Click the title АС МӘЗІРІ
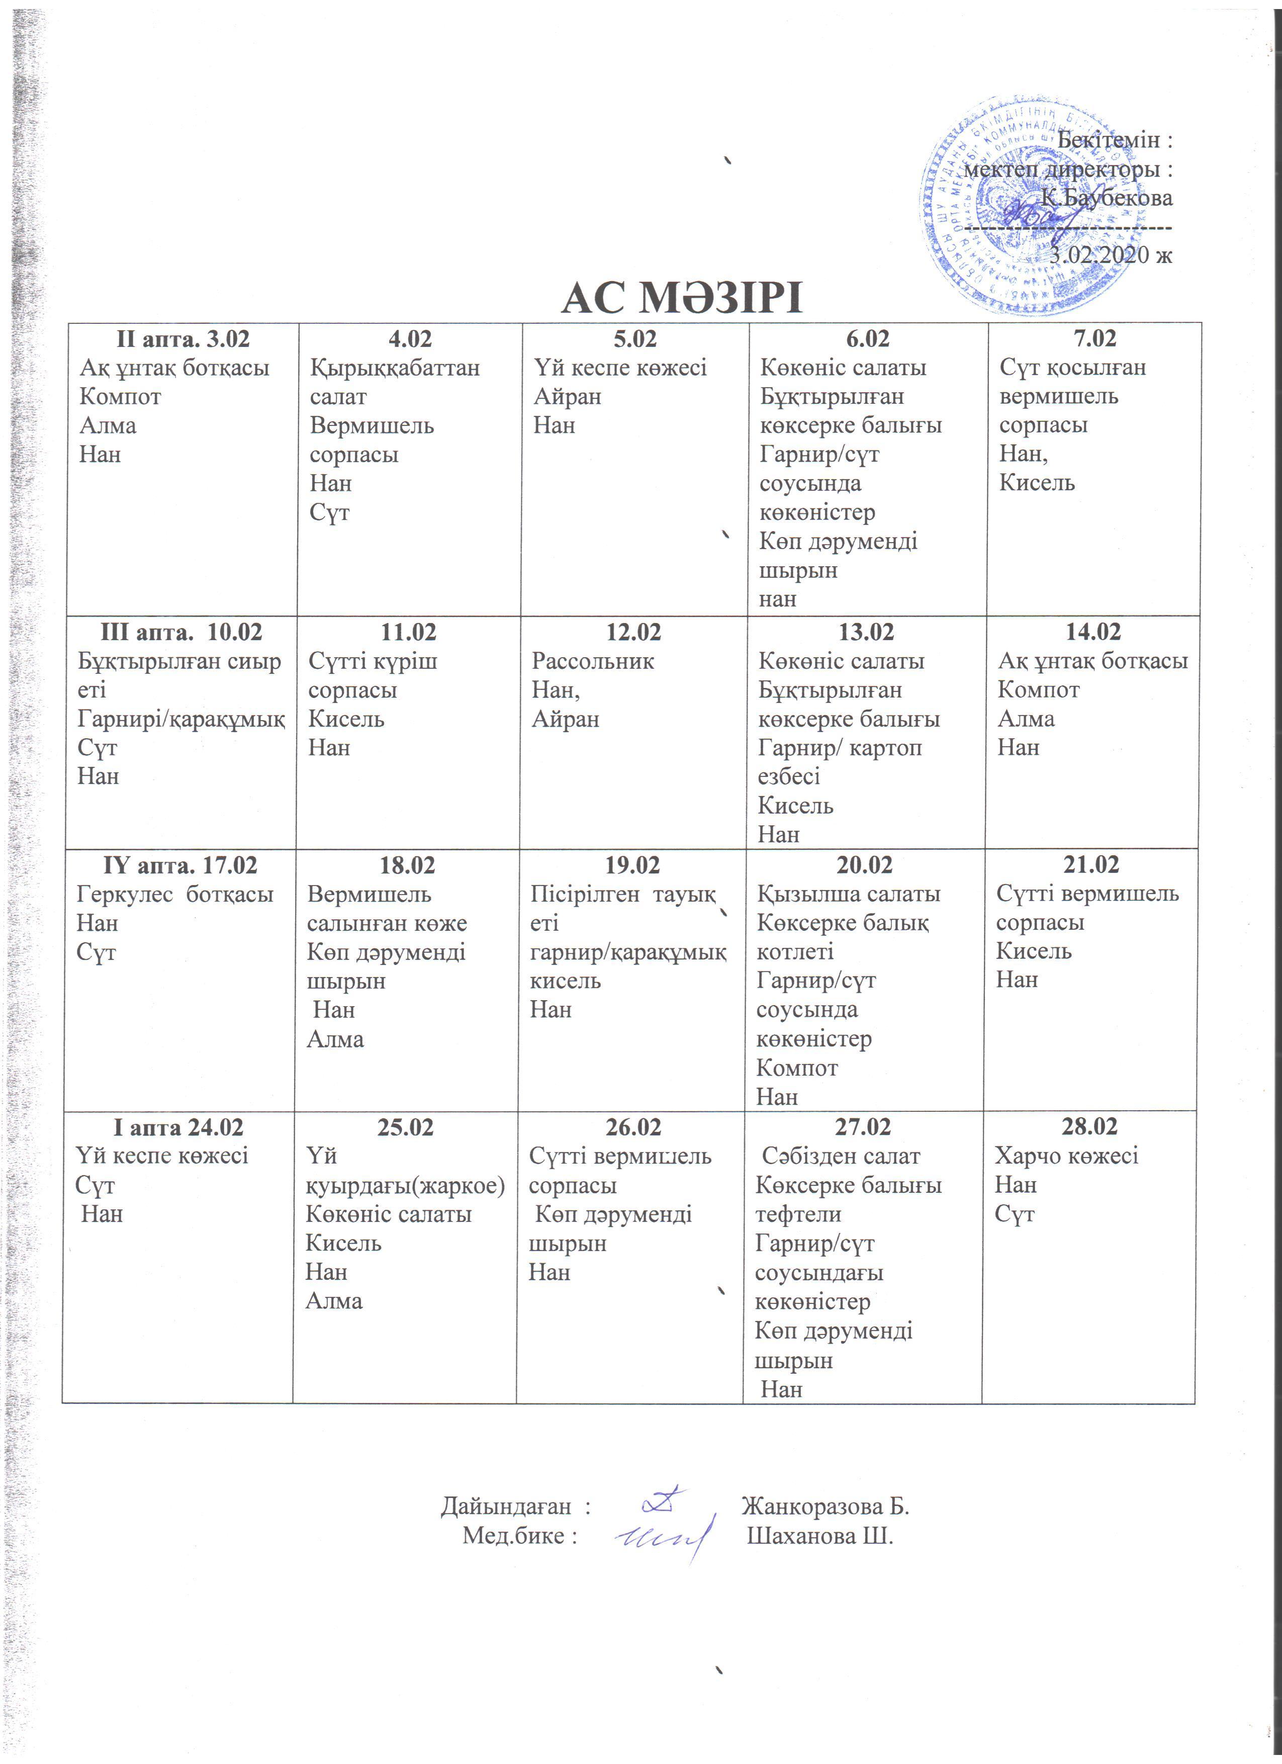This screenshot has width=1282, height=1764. (681, 298)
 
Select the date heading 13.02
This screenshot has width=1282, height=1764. (866, 632)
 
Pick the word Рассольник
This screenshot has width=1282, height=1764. (592, 661)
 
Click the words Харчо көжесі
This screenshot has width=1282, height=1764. (1066, 1156)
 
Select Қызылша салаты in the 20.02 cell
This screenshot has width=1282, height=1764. (848, 895)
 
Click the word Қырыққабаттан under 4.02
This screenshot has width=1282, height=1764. (394, 368)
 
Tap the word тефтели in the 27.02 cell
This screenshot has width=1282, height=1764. (798, 1214)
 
